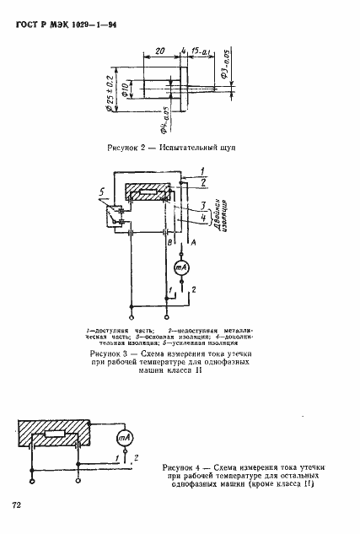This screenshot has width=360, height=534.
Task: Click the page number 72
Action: [x=16, y=504]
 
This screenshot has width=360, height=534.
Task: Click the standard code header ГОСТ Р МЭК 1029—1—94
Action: [x=67, y=23]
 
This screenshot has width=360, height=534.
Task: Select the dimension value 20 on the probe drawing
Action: [x=159, y=51]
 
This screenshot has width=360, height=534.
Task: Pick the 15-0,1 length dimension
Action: [x=200, y=51]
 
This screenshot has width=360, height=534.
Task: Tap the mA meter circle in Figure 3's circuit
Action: [x=178, y=267]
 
